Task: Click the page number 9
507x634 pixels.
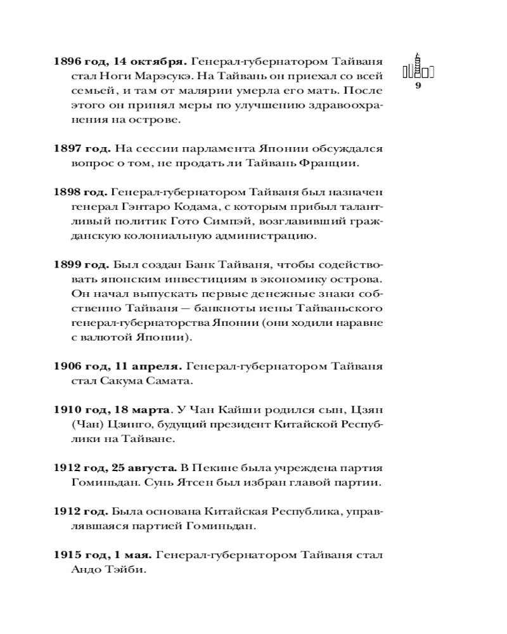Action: (418, 86)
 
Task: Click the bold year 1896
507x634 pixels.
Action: (69, 62)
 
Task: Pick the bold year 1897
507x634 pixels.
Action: (69, 149)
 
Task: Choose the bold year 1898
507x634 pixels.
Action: (69, 193)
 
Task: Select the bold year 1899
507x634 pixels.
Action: (69, 265)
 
